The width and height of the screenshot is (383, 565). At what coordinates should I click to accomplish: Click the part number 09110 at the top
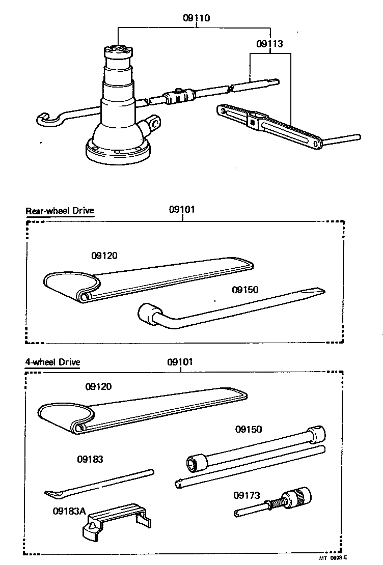click(197, 18)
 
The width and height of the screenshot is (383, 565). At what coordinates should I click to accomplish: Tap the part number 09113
click(269, 44)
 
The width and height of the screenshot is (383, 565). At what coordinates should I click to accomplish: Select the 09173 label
click(247, 495)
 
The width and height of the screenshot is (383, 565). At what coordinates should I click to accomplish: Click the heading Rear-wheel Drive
click(60, 211)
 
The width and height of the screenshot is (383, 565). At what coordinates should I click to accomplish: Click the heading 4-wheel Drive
click(53, 362)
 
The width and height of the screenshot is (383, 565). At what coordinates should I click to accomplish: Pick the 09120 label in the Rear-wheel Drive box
click(104, 256)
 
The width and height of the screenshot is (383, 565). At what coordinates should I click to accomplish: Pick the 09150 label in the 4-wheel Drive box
click(249, 429)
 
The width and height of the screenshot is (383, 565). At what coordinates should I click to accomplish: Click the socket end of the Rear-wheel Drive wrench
click(147, 312)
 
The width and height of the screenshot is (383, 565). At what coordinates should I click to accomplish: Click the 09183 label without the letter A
click(90, 459)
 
